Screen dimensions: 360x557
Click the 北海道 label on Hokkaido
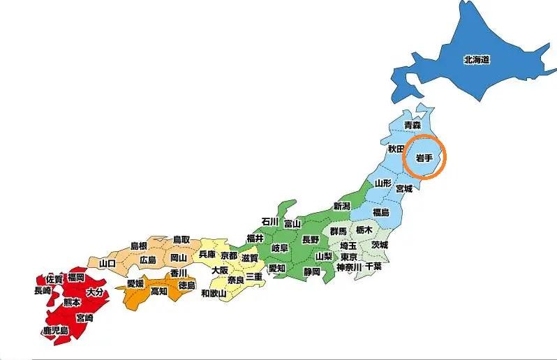(476, 60)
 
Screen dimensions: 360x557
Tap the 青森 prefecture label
(413, 126)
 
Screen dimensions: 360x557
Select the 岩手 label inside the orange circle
(424, 158)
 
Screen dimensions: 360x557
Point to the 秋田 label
(396, 149)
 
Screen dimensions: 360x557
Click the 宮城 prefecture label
(403, 188)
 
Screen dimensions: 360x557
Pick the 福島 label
(380, 211)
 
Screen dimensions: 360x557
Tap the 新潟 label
(341, 206)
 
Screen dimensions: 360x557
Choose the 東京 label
(349, 256)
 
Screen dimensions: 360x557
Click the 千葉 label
(373, 267)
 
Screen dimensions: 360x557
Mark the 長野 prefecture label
(310, 239)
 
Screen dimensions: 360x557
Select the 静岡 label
(311, 271)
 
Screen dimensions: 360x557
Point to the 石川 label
(270, 222)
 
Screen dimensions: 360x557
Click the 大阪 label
(220, 270)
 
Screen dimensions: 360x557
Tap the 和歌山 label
(213, 294)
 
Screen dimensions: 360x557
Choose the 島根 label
(139, 246)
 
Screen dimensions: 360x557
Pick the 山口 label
(107, 263)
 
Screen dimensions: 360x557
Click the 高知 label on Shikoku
(159, 291)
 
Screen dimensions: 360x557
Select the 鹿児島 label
(55, 330)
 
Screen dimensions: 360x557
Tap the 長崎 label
(42, 291)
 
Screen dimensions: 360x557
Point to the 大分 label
(94, 293)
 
